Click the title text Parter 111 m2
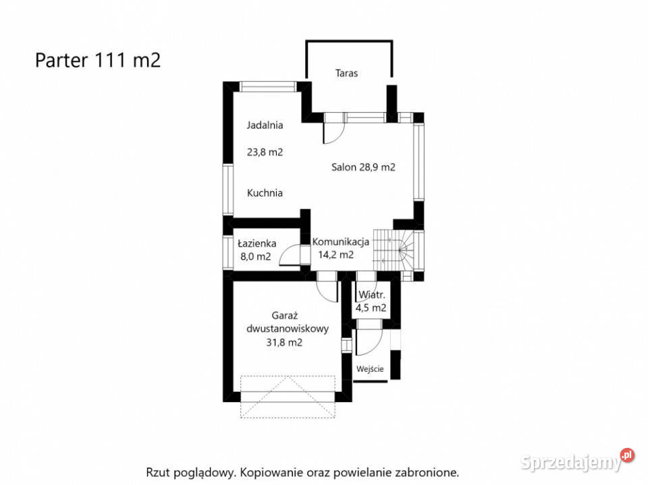(98, 60)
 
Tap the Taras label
(346, 73)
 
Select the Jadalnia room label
(265, 125)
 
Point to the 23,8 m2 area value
(265, 152)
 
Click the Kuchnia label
(265, 193)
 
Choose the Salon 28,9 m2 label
(363, 167)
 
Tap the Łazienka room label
(257, 244)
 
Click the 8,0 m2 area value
(255, 256)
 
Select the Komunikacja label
(340, 241)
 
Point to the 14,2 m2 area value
(335, 255)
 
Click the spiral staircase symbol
(394, 251)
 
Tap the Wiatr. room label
(371, 295)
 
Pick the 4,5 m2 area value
(371, 308)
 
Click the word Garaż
(285, 316)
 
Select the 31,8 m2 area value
(284, 343)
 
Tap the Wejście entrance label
(370, 369)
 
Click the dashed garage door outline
(288, 397)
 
